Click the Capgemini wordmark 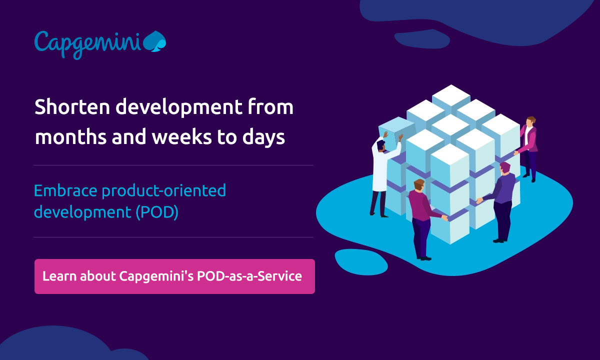tap(87, 42)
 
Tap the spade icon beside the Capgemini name tap(154, 41)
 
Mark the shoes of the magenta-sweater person tap(424, 258)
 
